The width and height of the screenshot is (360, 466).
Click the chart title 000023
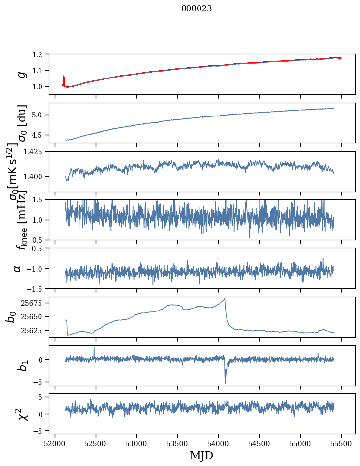tap(197, 8)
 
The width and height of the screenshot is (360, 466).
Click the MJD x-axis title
tap(201, 455)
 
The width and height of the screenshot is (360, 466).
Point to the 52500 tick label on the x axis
tap(96, 444)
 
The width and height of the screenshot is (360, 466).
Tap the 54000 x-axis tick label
tap(218, 444)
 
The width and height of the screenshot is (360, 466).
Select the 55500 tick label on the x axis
tap(341, 444)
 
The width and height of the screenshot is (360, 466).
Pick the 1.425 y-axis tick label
tap(37, 151)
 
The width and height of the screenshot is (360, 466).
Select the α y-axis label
tap(17, 269)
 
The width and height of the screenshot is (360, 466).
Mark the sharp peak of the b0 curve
tap(225, 298)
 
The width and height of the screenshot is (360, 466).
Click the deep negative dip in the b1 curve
tap(225, 383)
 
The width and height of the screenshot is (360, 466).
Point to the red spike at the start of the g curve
tap(63, 80)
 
